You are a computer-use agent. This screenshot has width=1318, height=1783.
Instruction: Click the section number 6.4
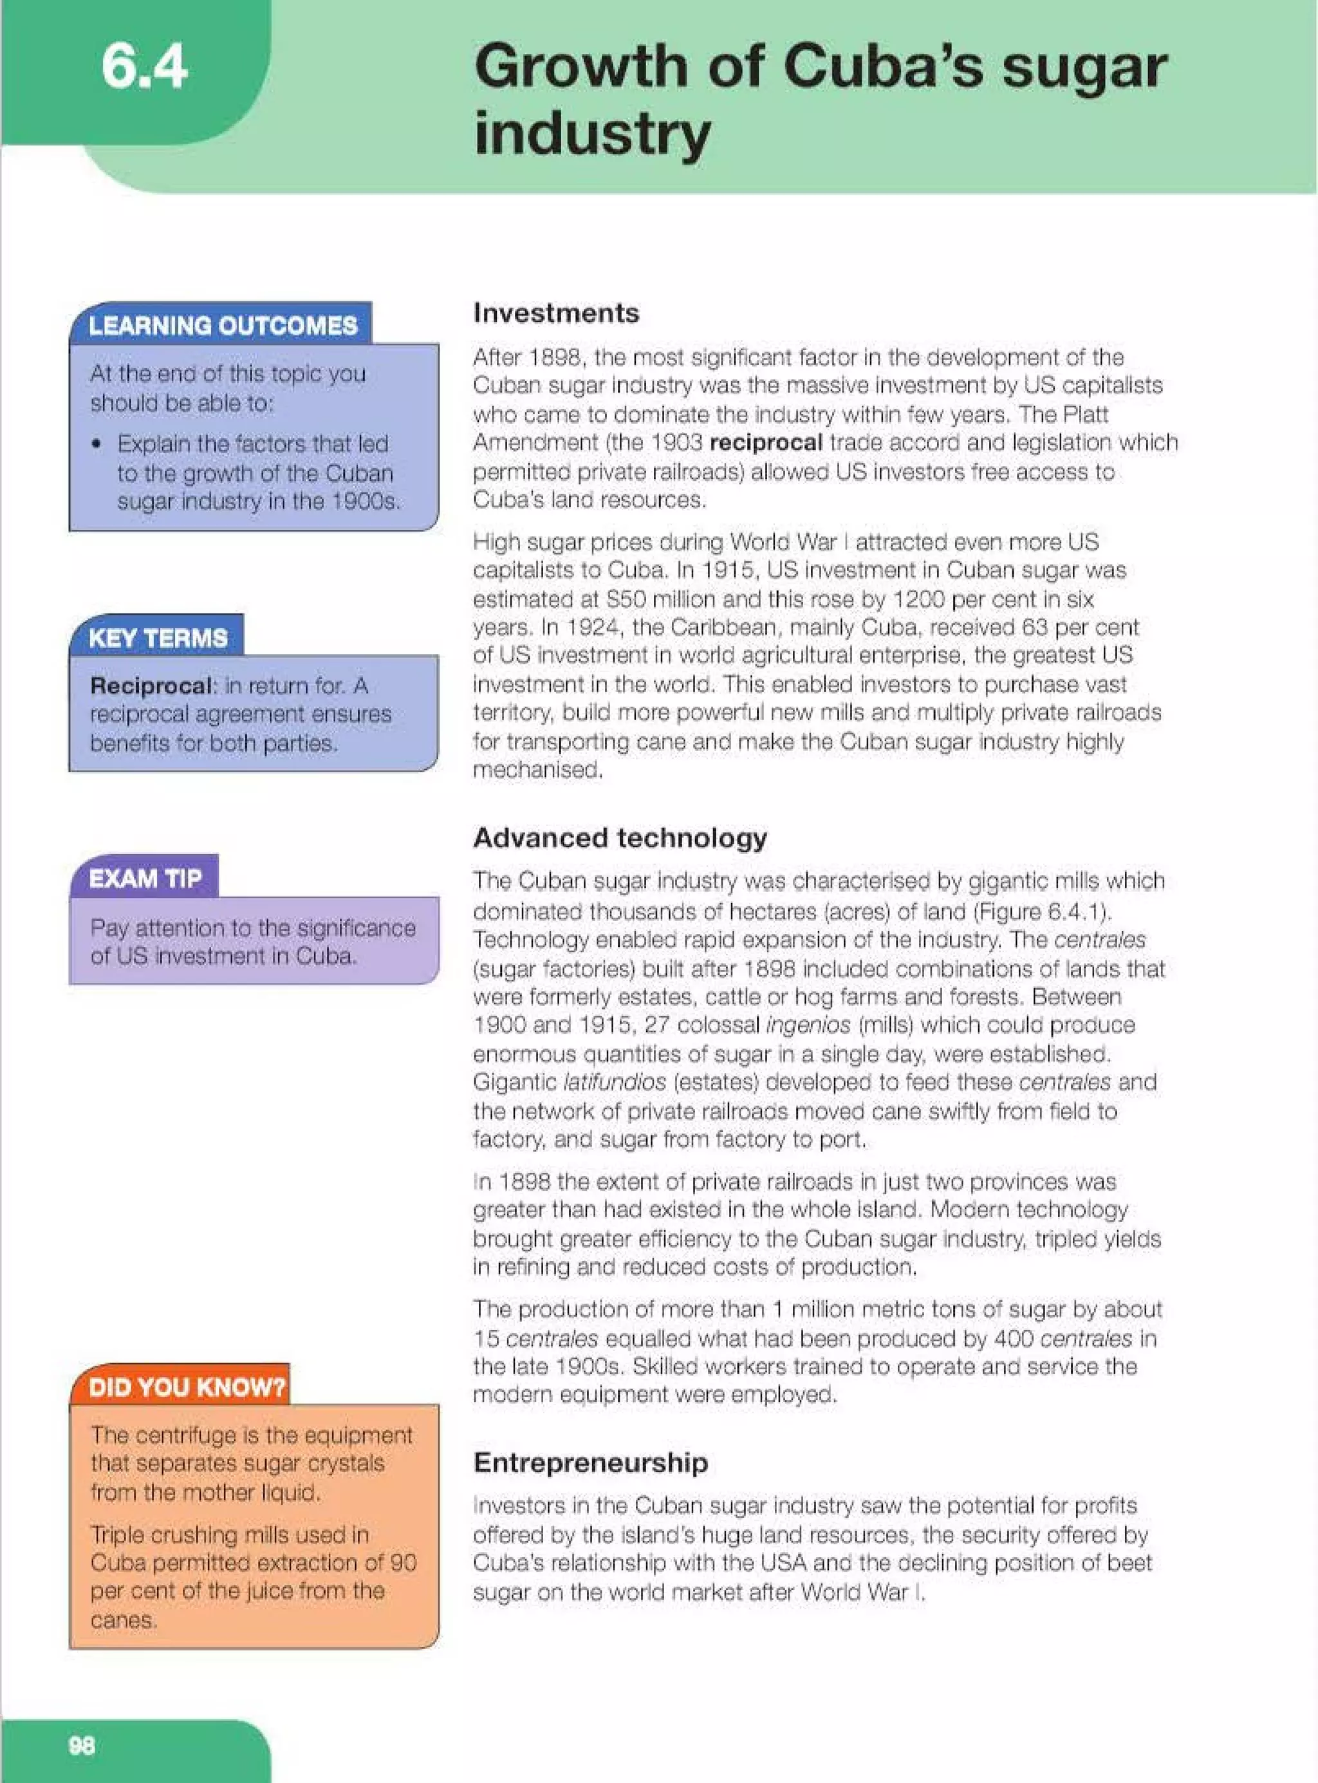tap(144, 66)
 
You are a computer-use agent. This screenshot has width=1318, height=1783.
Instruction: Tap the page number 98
tap(81, 1746)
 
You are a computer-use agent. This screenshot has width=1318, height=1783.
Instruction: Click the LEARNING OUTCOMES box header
tap(223, 326)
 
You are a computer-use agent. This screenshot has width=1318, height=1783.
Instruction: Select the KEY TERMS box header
tap(158, 638)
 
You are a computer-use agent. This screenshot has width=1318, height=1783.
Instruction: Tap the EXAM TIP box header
tap(145, 879)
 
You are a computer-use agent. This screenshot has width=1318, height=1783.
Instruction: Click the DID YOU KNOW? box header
tap(187, 1386)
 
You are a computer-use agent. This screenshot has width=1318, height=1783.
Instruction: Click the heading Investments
tap(556, 313)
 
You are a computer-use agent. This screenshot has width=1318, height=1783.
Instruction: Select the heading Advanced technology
tap(620, 837)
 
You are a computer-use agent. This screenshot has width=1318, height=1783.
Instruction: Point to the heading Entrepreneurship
tap(590, 1462)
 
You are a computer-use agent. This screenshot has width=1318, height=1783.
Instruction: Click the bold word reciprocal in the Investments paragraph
tap(765, 443)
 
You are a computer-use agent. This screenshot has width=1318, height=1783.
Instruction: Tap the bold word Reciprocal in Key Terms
tap(151, 686)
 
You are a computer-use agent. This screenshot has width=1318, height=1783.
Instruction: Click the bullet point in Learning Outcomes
tap(97, 444)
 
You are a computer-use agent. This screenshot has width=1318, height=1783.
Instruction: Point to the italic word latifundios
tap(615, 1083)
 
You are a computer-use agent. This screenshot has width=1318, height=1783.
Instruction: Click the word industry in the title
tap(591, 133)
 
